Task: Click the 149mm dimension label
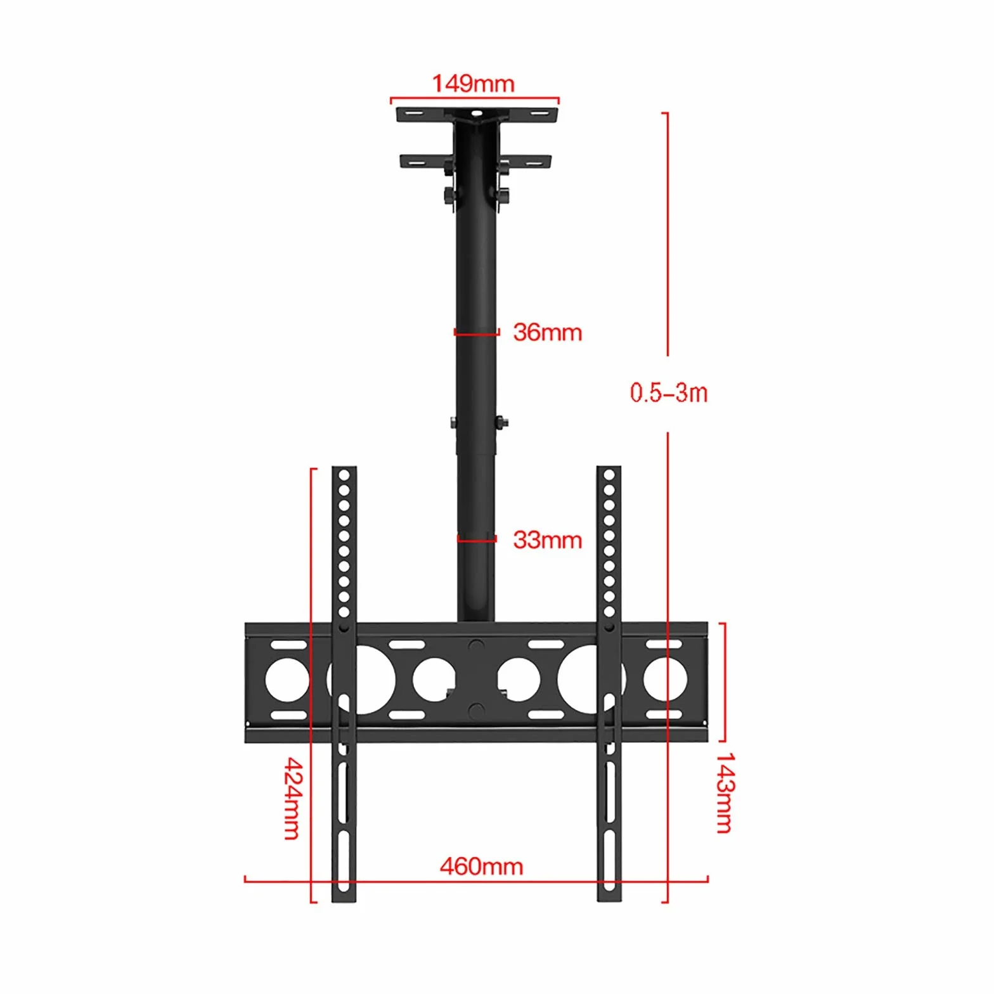pyautogui.click(x=473, y=84)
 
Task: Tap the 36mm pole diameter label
pyautogui.click(x=548, y=332)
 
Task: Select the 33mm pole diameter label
pyautogui.click(x=548, y=540)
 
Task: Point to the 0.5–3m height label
pyautogui.click(x=669, y=393)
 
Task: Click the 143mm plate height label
pyautogui.click(x=725, y=793)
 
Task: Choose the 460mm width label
pyautogui.click(x=482, y=867)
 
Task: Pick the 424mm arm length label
pyautogui.click(x=293, y=798)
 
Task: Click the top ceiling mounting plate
pyautogui.click(x=477, y=115)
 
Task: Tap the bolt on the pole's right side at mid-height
pyautogui.click(x=501, y=422)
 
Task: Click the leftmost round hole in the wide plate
pyautogui.click(x=287, y=680)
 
